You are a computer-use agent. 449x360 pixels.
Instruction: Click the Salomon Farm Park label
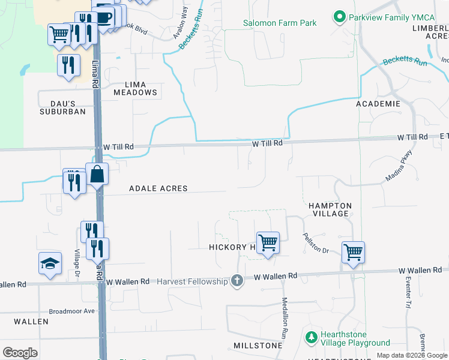tap(279, 23)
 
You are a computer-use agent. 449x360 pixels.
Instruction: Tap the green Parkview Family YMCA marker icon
tap(340, 17)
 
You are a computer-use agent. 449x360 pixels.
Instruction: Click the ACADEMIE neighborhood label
tap(378, 104)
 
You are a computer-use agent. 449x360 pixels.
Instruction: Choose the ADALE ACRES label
tap(158, 188)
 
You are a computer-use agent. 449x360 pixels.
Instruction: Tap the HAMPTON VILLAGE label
tap(330, 209)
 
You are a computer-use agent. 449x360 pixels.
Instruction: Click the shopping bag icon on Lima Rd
tap(97, 175)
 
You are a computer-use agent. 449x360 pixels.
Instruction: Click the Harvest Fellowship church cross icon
tap(237, 281)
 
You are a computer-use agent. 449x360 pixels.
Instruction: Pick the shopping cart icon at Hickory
tap(268, 243)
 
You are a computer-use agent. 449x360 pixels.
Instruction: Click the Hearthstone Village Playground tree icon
tap(311, 338)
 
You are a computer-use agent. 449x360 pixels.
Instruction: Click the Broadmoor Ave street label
tap(72, 311)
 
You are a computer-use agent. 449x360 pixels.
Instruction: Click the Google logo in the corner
tap(20, 353)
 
